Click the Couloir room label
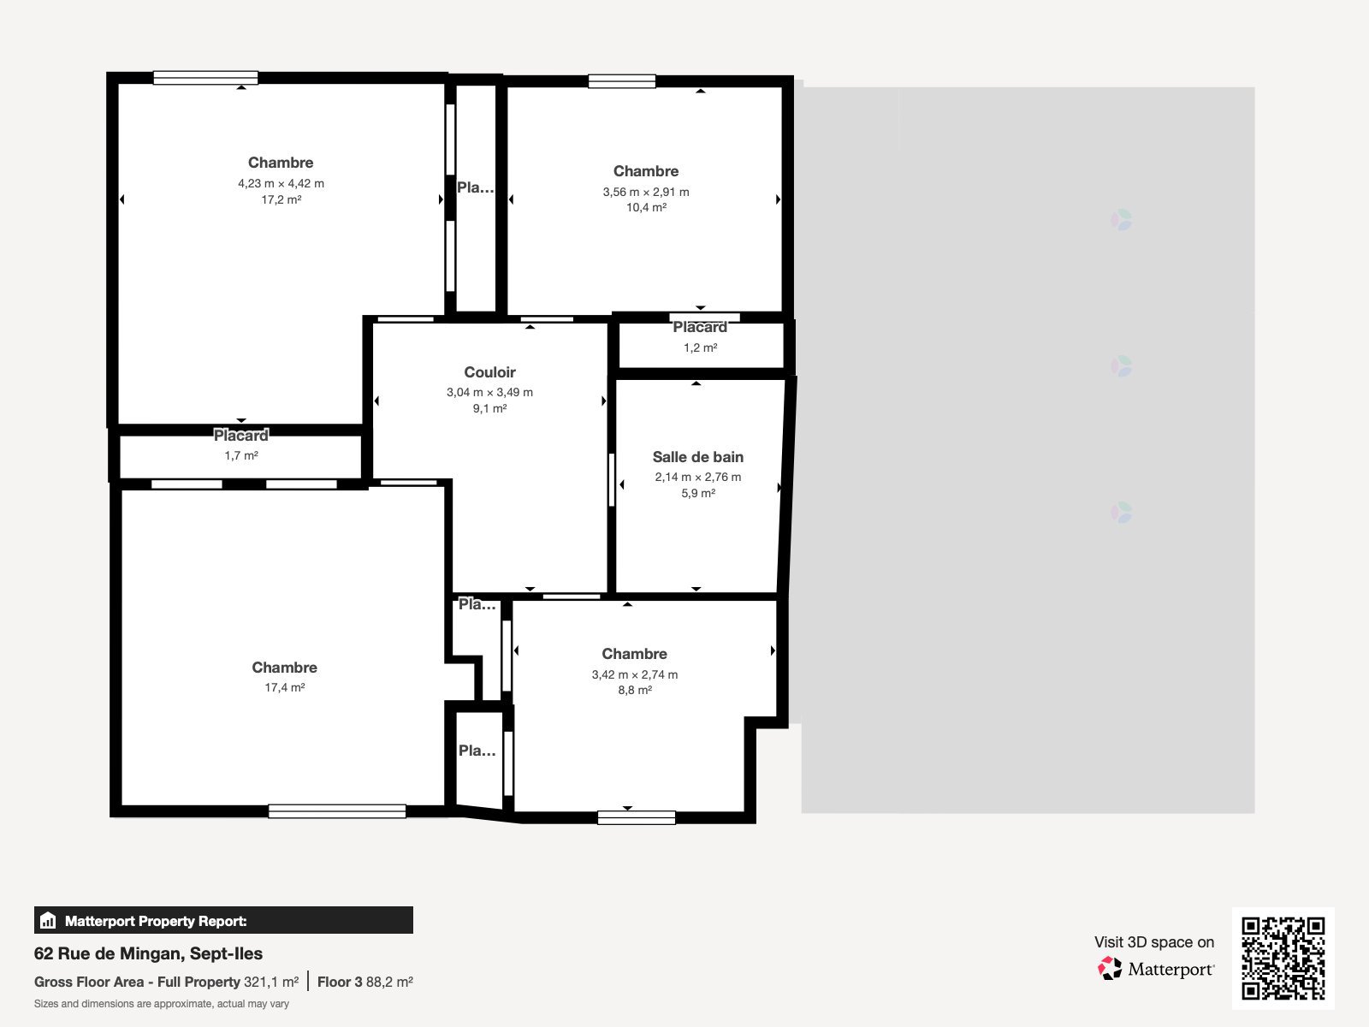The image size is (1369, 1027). pos(489,372)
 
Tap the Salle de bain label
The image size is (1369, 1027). pos(698,457)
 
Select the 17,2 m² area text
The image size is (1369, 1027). pos(282,199)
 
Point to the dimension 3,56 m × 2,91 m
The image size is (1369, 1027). pos(645,192)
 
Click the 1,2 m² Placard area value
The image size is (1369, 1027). pos(701,348)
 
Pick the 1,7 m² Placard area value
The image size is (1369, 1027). pos(241,456)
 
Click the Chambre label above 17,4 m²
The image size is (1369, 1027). pos(284,668)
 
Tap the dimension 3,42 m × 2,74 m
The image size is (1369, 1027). pos(635,674)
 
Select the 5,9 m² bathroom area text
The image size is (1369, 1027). pos(698,493)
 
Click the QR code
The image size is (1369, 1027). pos(1283,959)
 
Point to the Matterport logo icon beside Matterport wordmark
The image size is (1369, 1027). pos(1110,969)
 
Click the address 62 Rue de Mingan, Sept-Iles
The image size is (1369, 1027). pos(148,953)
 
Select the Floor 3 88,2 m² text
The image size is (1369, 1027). pos(364,982)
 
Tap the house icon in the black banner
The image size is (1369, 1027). pos(48,920)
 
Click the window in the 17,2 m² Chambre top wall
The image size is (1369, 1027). pos(206,78)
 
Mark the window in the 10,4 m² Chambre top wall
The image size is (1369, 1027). pos(622,81)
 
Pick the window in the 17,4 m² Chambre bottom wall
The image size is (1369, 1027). pos(337,811)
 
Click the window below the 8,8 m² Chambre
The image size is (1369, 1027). pos(637,817)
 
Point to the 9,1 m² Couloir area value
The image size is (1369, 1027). pos(489,408)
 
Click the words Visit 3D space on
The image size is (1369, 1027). pos(1154,942)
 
